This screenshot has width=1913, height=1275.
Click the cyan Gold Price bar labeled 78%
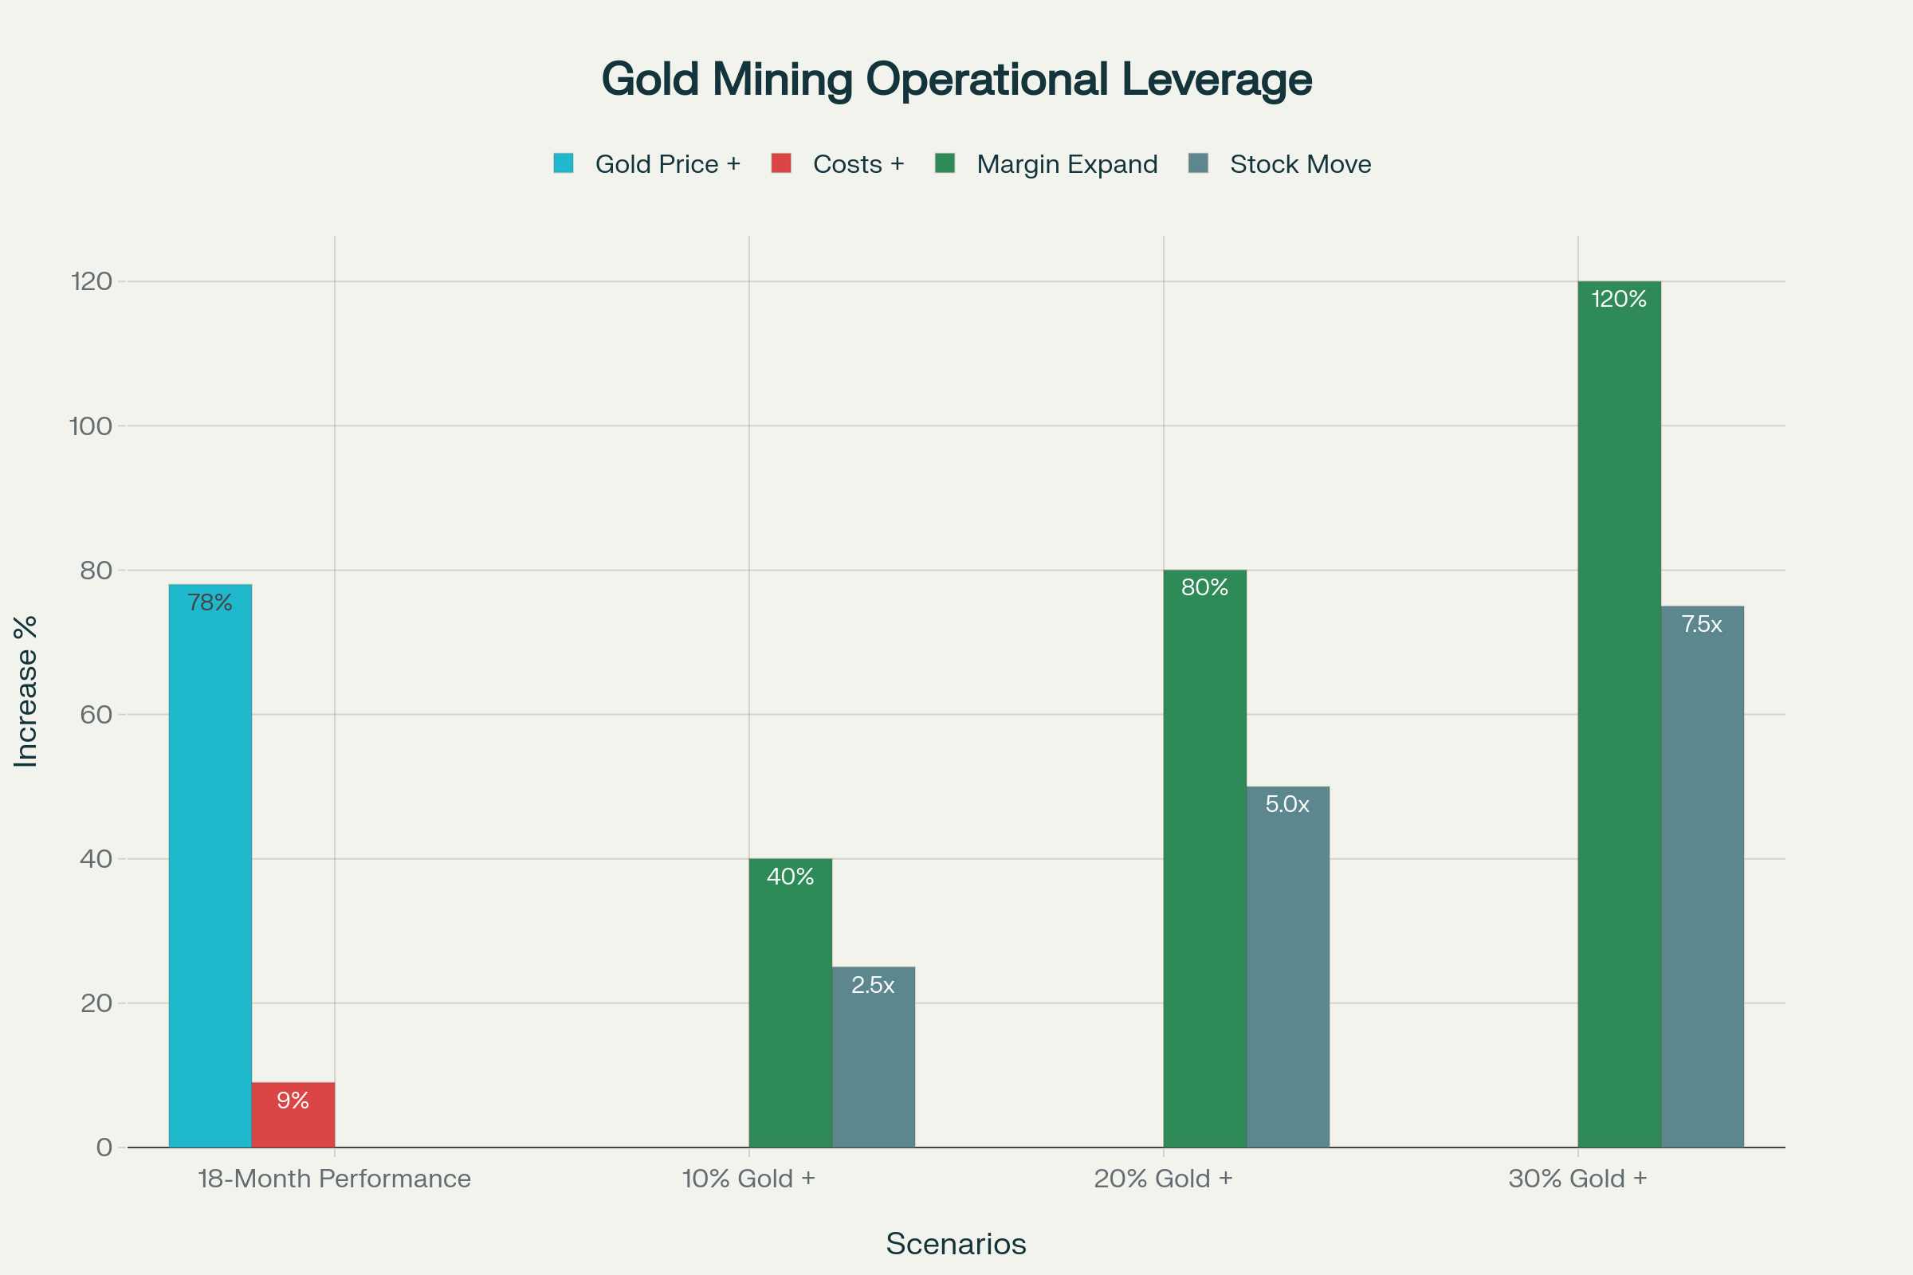tap(210, 866)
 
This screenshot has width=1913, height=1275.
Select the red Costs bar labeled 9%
tap(293, 1115)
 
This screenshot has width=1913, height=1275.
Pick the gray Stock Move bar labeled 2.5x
tap(873, 1057)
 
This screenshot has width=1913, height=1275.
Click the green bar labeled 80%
tap(1204, 859)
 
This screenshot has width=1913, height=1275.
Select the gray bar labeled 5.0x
tap(1287, 967)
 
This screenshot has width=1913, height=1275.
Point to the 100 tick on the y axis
tap(91, 426)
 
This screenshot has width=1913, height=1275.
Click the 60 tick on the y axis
tap(96, 715)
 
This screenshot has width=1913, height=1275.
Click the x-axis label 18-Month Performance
tap(334, 1179)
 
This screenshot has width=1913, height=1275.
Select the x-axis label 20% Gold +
tap(1163, 1179)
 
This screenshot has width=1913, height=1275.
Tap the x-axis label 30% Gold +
tap(1577, 1179)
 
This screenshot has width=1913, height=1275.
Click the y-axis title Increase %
tap(26, 691)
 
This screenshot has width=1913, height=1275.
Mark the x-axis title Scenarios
tap(956, 1244)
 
